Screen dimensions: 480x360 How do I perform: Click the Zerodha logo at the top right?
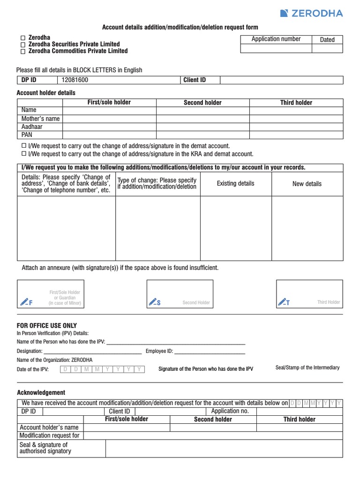(311, 13)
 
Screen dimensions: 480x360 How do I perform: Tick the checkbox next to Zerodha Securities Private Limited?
(22, 45)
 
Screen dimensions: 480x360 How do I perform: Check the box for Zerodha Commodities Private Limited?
(22, 52)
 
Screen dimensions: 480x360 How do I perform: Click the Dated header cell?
(327, 40)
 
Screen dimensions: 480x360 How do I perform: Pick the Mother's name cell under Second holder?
(202, 119)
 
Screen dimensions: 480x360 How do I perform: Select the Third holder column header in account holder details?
(296, 103)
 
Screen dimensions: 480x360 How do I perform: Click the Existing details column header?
(235, 183)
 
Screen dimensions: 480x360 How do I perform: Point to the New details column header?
(307, 184)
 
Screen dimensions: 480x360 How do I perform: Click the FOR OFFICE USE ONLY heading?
(47, 326)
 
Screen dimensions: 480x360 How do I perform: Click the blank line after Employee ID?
(210, 351)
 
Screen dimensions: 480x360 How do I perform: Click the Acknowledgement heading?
(41, 393)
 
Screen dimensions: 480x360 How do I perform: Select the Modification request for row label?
(50, 435)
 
